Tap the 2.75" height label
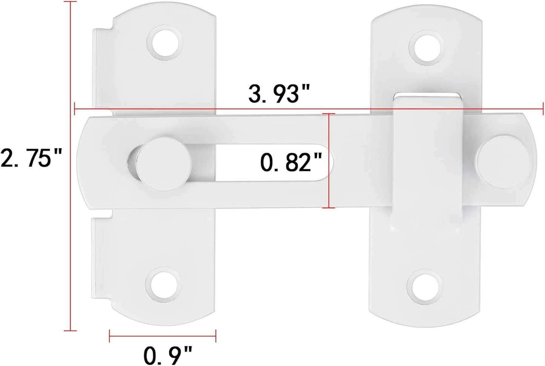coord(31,158)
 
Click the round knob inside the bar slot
coord(164,164)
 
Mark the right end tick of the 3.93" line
coord(543,109)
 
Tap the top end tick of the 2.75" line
coord(70,2)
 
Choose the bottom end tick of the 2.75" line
coord(70,331)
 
